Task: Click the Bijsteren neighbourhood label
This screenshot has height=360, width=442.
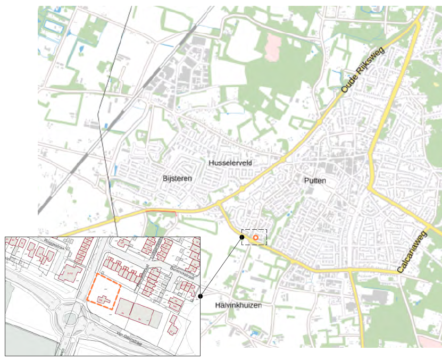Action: (x=177, y=178)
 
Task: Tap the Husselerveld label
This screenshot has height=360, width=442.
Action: (x=230, y=162)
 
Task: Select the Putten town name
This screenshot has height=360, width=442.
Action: (x=315, y=181)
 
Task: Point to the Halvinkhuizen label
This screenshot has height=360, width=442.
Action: (x=238, y=305)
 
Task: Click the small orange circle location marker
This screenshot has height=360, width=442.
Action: (x=256, y=237)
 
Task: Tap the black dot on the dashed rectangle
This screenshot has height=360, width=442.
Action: (x=242, y=237)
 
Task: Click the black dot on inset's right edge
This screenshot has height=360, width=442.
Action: (x=200, y=296)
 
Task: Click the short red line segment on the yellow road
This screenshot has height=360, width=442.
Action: (x=160, y=212)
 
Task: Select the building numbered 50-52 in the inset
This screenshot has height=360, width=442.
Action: (x=71, y=273)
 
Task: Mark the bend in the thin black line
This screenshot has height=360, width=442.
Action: (x=98, y=114)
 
